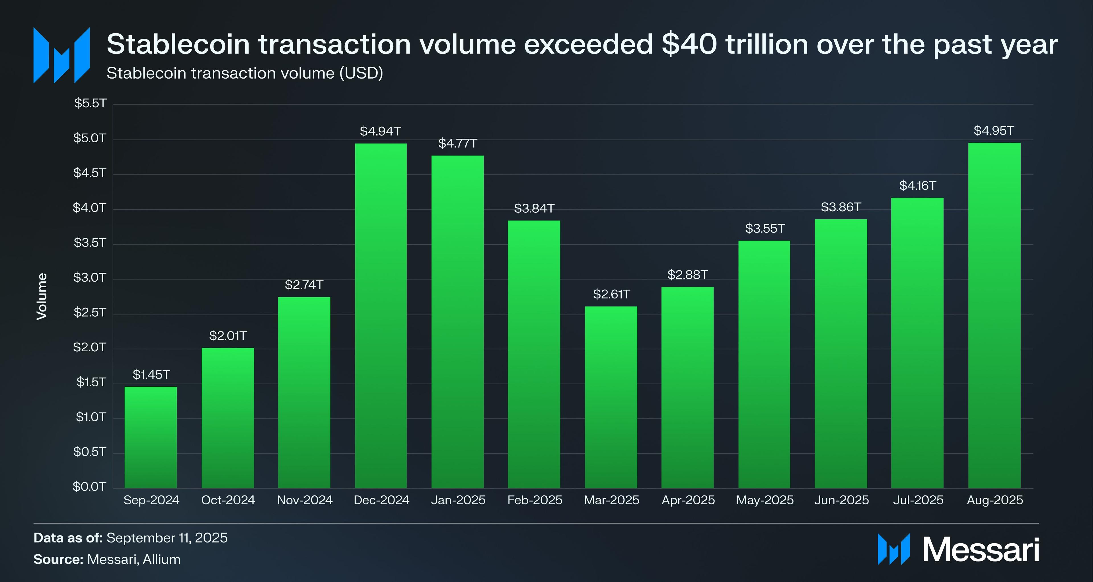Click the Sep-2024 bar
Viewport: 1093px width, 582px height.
pos(151,437)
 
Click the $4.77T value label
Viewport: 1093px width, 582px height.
pos(457,144)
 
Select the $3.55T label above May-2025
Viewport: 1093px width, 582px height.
pos(765,229)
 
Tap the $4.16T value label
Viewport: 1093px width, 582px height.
pos(917,186)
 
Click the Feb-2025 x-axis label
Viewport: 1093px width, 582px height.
pos(535,500)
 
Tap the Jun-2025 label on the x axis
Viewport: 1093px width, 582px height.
pos(841,500)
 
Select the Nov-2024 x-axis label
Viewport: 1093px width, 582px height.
pos(305,500)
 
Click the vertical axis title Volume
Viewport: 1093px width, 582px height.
pos(42,296)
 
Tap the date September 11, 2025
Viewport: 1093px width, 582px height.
pos(167,538)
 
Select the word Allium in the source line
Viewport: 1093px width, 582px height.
pos(162,560)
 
